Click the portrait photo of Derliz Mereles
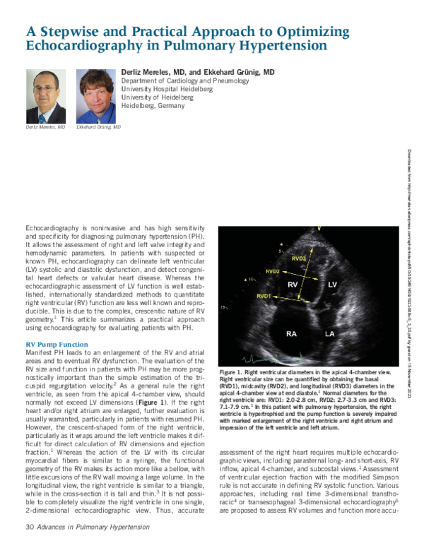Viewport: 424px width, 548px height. pyautogui.click(x=46, y=96)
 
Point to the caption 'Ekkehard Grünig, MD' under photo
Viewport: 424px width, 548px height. pyautogui.click(x=98, y=127)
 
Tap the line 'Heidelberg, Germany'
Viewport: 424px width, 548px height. pyautogui.click(x=153, y=106)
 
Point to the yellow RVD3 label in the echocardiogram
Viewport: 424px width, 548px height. pyautogui.click(x=299, y=258)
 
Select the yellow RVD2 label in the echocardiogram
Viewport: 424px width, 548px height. pyautogui.click(x=273, y=271)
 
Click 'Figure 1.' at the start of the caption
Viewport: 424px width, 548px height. pyautogui.click(x=233, y=371)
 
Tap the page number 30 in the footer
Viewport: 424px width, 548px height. pyautogui.click(x=30, y=527)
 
